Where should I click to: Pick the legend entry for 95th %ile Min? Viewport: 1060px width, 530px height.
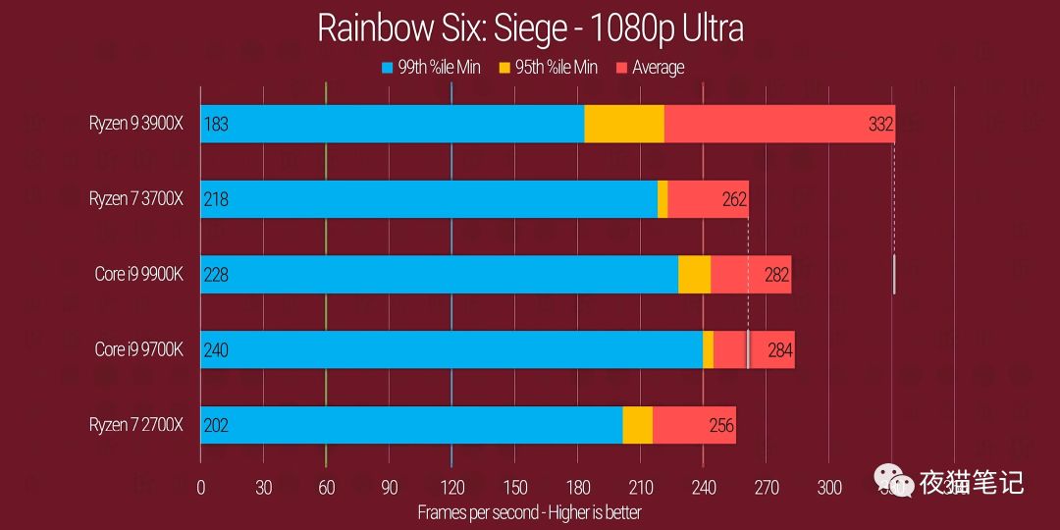tap(546, 68)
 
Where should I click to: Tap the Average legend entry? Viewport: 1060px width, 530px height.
tap(649, 68)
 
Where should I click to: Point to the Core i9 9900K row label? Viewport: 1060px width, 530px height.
tap(139, 274)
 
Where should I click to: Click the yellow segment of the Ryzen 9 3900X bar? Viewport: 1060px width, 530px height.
tap(624, 124)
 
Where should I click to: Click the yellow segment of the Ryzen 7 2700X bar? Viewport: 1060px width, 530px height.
tap(638, 424)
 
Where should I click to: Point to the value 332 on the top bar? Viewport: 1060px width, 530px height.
tap(880, 124)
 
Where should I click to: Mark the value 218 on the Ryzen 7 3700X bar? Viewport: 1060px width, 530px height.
tap(216, 199)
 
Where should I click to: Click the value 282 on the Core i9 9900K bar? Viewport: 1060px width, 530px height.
tap(776, 275)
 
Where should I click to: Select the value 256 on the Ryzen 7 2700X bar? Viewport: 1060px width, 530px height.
tap(721, 425)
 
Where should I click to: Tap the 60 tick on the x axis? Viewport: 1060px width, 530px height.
tap(327, 487)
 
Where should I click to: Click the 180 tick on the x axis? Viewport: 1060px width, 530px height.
tap(577, 487)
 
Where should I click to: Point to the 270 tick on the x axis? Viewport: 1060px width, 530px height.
tap(767, 487)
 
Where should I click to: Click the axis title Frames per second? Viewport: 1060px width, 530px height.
tap(529, 512)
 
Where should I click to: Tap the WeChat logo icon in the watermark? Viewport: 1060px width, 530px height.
tap(893, 481)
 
